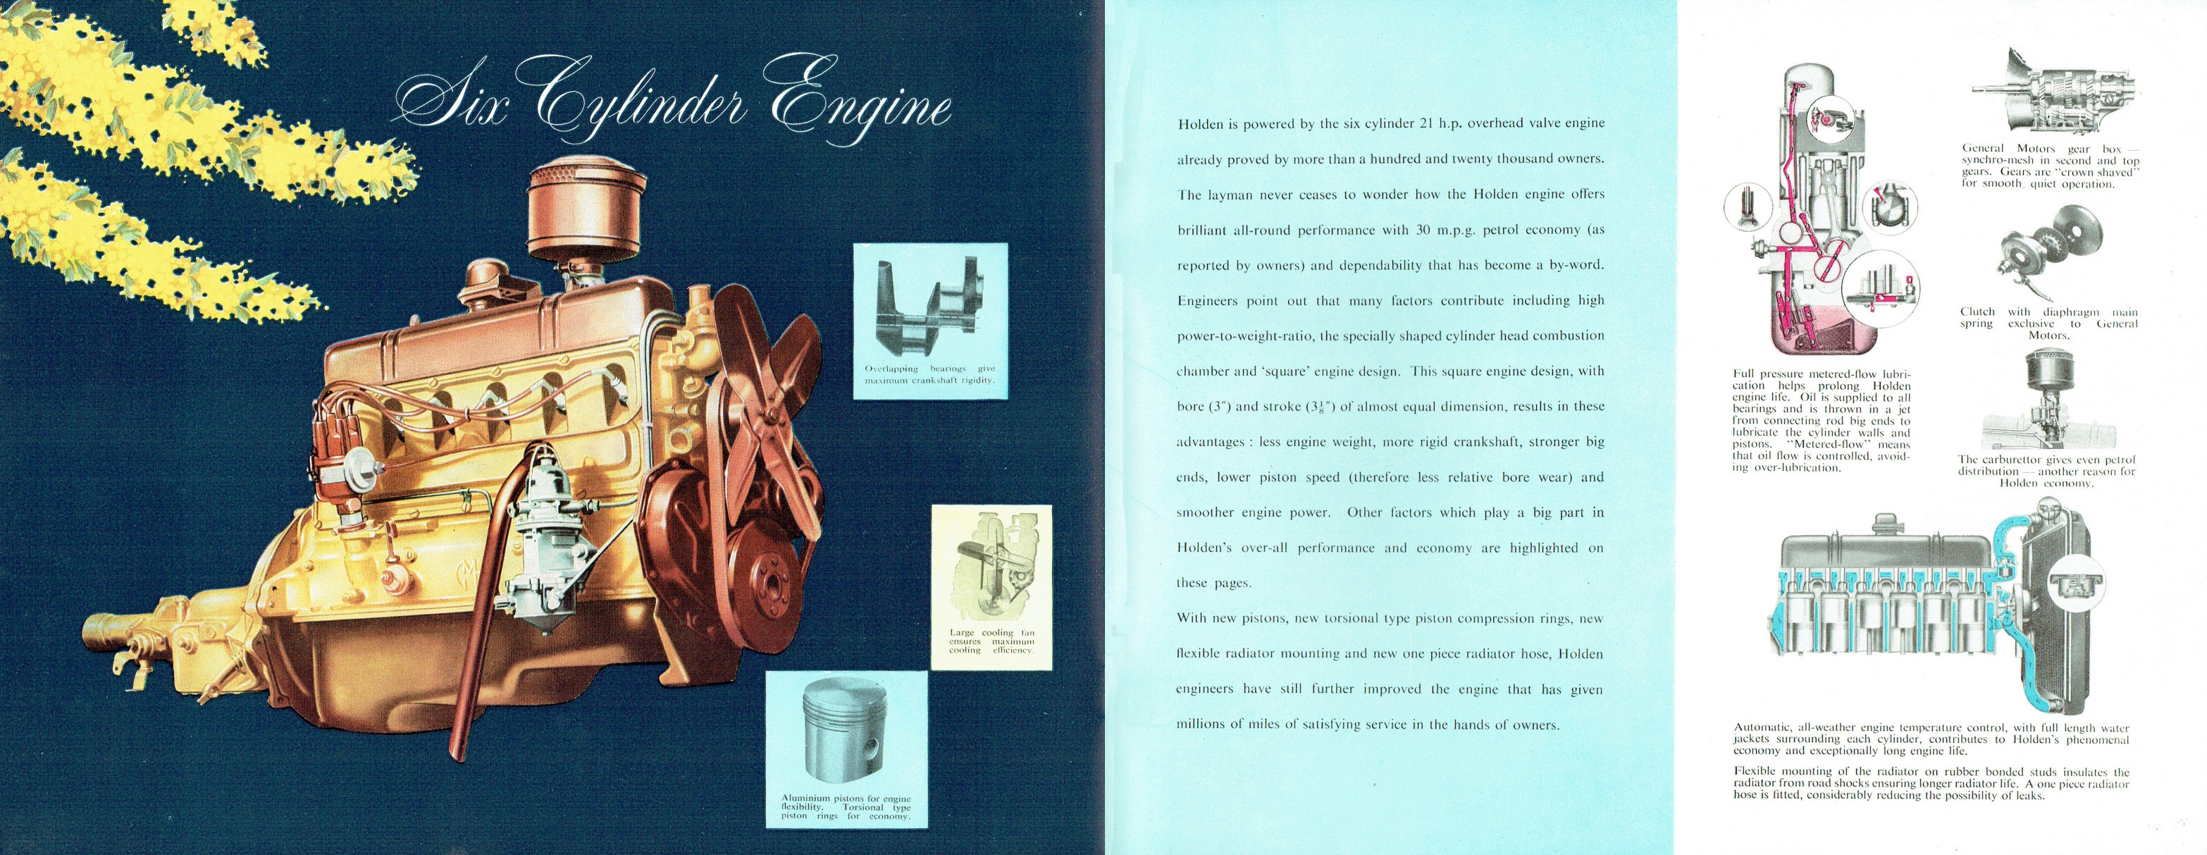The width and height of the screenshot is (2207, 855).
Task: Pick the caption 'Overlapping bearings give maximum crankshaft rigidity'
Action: pos(929,374)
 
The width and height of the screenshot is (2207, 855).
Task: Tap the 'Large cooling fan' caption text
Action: pos(991,641)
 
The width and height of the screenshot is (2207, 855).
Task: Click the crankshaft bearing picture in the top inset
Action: pos(929,304)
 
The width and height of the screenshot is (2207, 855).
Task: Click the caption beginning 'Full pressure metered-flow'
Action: pos(1821,421)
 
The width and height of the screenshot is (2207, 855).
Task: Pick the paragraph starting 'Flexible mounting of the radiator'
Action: pos(1931,783)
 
